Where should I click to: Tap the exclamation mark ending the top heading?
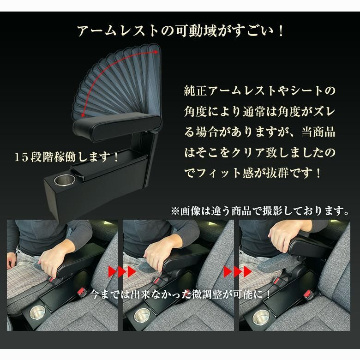coord(281,31)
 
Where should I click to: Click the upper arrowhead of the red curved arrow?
coord(156,52)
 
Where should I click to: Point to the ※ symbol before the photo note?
coord(175,211)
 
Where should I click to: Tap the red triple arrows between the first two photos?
coord(122,272)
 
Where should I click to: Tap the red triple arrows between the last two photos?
coord(238,272)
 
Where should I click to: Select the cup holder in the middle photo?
coord(142,316)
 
